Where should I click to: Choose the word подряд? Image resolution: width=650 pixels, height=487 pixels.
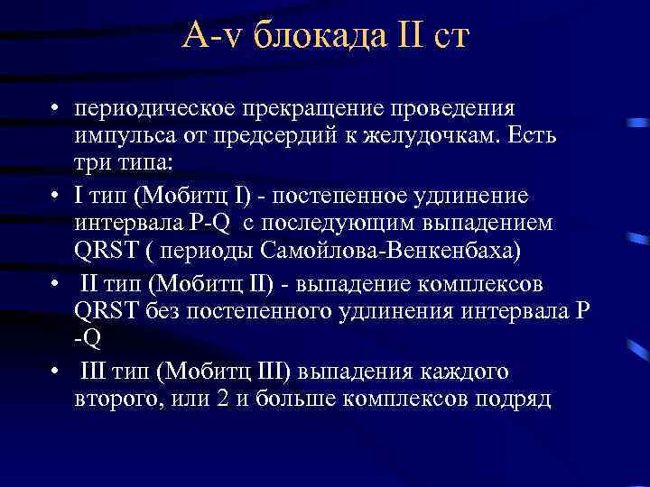(512, 399)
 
